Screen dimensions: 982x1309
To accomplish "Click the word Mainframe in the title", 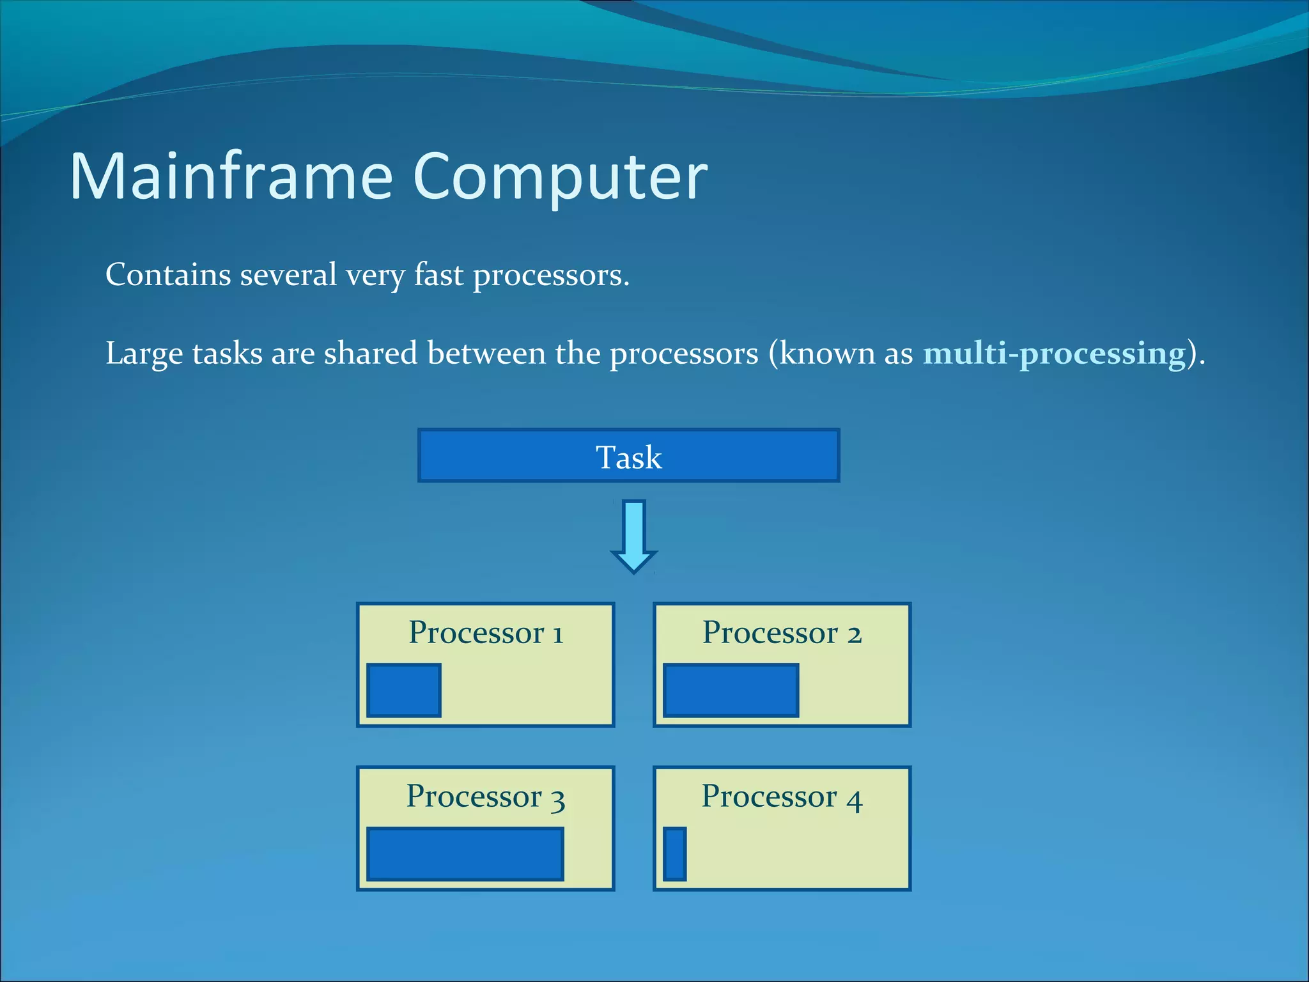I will pos(230,177).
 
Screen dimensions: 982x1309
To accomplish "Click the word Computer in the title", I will pos(561,177).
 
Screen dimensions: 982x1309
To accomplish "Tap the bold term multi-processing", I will pos(1054,353).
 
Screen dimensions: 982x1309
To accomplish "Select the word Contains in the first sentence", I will pos(168,275).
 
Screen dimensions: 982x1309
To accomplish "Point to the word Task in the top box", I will pos(628,457).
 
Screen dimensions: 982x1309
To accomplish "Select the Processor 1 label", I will pos(486,632).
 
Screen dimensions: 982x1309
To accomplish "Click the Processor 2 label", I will pos(782,632).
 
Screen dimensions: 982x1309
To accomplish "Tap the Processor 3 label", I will pos(486,797).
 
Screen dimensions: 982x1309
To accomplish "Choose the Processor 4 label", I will pos(782,797).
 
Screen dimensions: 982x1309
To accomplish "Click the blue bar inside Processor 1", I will pos(404,690).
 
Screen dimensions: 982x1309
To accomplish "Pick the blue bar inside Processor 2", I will pos(731,690).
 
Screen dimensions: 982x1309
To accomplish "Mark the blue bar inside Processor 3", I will pos(465,854).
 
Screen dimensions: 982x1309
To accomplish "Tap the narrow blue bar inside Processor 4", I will pos(674,854).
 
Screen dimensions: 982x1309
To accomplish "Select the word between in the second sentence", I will pos(486,353).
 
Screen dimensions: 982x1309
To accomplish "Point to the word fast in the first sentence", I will pos(438,275).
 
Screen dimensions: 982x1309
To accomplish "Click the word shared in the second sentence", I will pos(371,353).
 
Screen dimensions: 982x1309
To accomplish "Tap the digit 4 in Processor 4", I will pos(855,799).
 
